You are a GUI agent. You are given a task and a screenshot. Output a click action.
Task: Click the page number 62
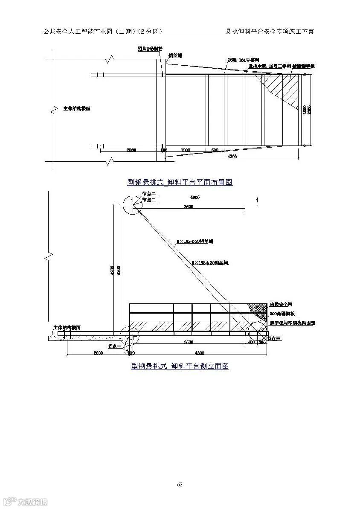(x=180, y=484)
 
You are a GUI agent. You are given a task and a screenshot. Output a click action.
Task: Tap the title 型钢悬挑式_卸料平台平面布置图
(x=180, y=182)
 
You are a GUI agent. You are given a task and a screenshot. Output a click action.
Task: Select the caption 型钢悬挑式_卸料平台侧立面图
(x=180, y=366)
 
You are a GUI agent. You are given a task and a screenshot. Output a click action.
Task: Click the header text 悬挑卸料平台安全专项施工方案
(x=271, y=32)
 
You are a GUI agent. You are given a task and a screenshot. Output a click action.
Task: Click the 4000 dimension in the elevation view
(x=195, y=198)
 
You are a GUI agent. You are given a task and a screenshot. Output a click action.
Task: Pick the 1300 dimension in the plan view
(x=185, y=150)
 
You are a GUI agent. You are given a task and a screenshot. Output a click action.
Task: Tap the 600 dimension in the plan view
(x=215, y=150)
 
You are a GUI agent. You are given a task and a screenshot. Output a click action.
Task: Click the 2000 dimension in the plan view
(x=131, y=150)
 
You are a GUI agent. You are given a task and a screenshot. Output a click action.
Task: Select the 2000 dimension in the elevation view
(x=98, y=353)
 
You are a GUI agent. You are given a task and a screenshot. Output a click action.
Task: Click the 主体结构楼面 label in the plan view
(x=77, y=108)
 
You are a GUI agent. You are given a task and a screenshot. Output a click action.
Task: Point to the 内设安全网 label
(x=280, y=305)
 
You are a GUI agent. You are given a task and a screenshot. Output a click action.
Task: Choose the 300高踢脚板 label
(x=282, y=314)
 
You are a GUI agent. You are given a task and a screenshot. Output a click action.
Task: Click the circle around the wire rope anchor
(x=132, y=205)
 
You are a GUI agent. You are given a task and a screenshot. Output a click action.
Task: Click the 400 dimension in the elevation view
(x=250, y=342)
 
